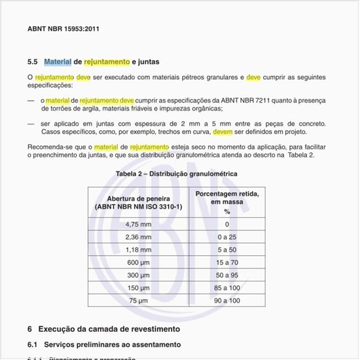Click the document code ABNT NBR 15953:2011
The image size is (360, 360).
click(63, 29)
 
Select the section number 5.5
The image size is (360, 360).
click(32, 62)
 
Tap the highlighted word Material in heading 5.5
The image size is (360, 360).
click(58, 62)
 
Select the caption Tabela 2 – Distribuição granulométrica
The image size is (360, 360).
click(177, 174)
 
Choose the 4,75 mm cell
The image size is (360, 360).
click(138, 224)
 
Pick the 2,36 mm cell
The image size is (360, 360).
click(138, 236)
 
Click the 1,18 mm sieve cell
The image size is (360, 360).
click(138, 249)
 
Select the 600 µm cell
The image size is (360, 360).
click(138, 262)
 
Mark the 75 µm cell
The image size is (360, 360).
click(138, 300)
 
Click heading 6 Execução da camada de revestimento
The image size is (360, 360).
click(103, 329)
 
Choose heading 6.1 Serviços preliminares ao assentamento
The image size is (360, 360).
click(104, 344)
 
